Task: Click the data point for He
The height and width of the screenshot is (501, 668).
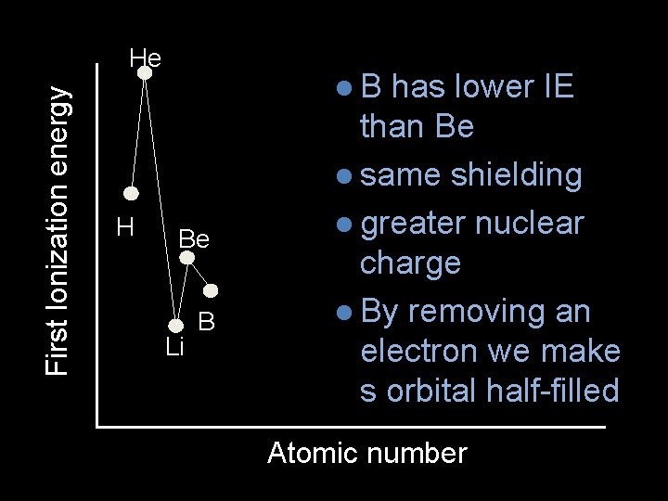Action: (x=145, y=72)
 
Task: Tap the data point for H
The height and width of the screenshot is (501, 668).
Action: (x=132, y=193)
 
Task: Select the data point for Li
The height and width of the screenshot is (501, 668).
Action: (x=176, y=325)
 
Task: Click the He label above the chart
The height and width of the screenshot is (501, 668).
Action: (x=146, y=58)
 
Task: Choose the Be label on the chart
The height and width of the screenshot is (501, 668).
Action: (x=194, y=238)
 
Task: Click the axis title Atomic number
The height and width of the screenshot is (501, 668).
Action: (x=366, y=454)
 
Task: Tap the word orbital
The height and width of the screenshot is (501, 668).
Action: (x=429, y=391)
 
